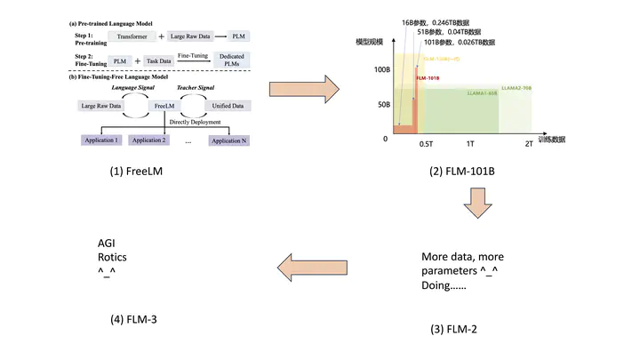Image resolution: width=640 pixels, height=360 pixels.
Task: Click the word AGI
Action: (107, 242)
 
